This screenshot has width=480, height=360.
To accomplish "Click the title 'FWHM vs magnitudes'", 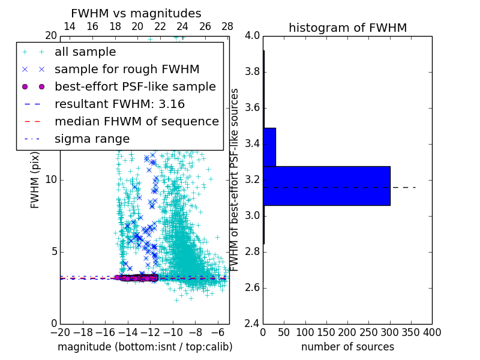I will pyautogui.click(x=136, y=13).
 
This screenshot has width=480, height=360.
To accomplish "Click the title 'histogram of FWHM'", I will pyautogui.click(x=347, y=28).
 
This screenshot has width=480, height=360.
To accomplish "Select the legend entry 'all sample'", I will pyautogui.click(x=85, y=52).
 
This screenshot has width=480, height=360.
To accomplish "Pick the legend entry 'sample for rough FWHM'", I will pyautogui.click(x=127, y=69).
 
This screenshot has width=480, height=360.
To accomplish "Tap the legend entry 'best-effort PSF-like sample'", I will pyautogui.click(x=135, y=86).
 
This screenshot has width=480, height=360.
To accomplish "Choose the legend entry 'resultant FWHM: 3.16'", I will pyautogui.click(x=119, y=104).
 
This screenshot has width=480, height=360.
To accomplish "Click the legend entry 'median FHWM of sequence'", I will pyautogui.click(x=136, y=121).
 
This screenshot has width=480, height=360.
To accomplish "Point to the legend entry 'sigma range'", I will pyautogui.click(x=92, y=139).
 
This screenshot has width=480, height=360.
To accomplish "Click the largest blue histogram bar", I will pyautogui.click(x=326, y=186).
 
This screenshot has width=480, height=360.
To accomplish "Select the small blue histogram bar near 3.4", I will pyautogui.click(x=269, y=147).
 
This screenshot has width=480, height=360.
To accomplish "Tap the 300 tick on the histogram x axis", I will pyautogui.click(x=389, y=332).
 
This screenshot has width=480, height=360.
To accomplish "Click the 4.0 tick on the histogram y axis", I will pyautogui.click(x=253, y=36).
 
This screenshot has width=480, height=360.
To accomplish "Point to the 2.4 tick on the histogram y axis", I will pyautogui.click(x=253, y=323).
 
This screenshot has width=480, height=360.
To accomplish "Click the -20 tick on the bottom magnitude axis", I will pyautogui.click(x=60, y=332).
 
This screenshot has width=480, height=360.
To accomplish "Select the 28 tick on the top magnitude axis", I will pyautogui.click(x=227, y=26).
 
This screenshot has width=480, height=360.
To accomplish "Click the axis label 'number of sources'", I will pyautogui.click(x=347, y=347).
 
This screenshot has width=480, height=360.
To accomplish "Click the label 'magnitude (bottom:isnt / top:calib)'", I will pyautogui.click(x=145, y=347).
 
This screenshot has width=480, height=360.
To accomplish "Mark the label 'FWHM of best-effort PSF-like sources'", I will pyautogui.click(x=235, y=179).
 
